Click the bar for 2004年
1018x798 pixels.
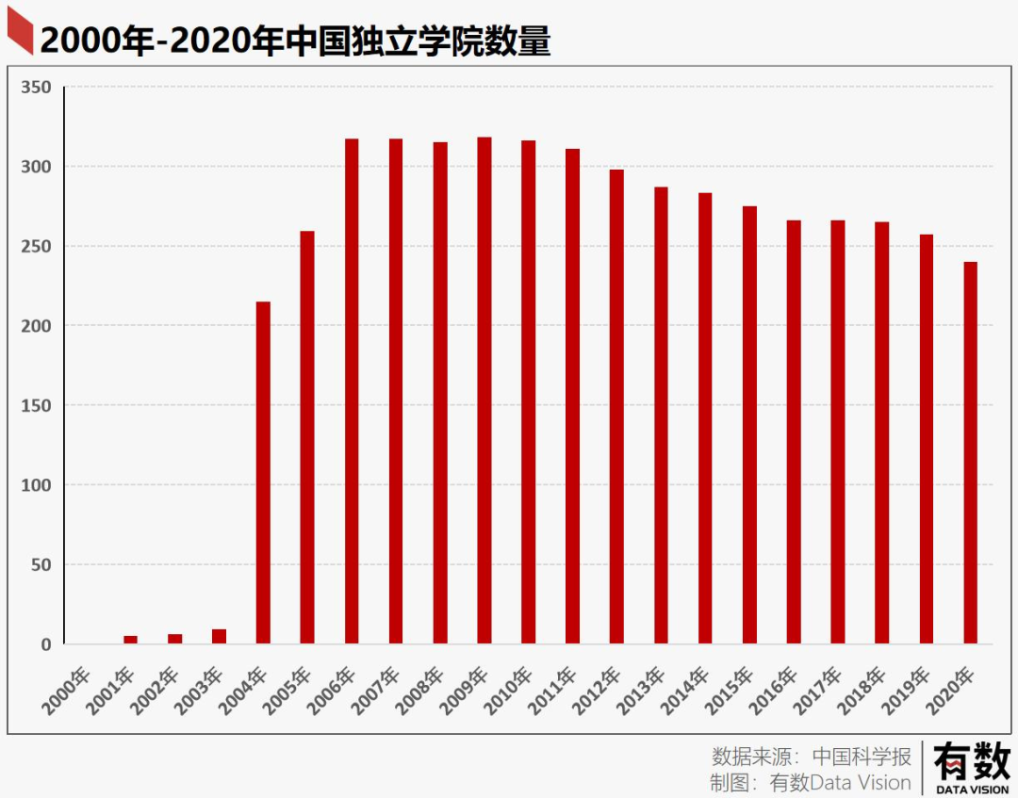[263, 471]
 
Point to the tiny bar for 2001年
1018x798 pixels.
[130, 640]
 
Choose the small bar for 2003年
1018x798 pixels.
[219, 637]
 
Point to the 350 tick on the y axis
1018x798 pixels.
[37, 88]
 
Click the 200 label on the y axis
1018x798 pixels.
[37, 326]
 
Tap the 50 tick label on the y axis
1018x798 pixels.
[41, 565]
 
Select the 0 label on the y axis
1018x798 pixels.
[45, 645]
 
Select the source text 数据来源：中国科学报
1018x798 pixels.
[812, 756]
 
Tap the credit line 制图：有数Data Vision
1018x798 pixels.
[811, 783]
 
